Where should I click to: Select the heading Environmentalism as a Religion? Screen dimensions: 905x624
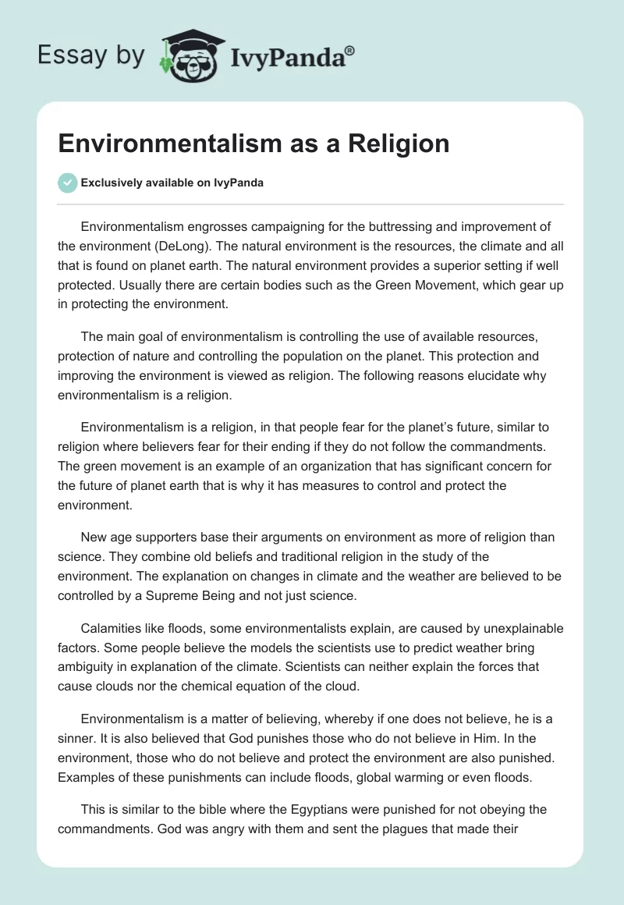(253, 143)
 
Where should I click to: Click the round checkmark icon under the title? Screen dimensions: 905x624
(68, 183)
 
